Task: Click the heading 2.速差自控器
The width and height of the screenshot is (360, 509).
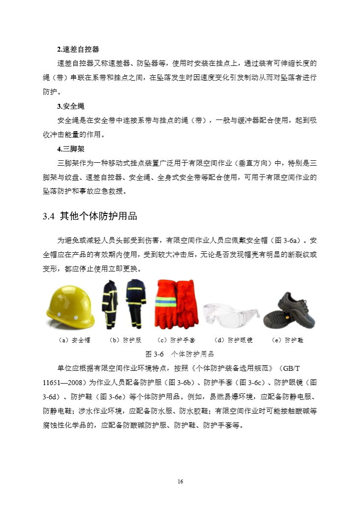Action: pyautogui.click(x=78, y=49)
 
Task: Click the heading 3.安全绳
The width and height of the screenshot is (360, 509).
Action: pyautogui.click(x=71, y=106)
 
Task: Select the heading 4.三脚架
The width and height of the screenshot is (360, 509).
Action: pyautogui.click(x=71, y=149)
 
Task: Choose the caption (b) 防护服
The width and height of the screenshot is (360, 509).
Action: pyautogui.click(x=125, y=340)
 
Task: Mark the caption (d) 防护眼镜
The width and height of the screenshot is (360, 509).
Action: pyautogui.click(x=234, y=340)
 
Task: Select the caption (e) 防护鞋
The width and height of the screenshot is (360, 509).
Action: pyautogui.click(x=288, y=340)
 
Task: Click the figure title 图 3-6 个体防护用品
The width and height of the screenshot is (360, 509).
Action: pyautogui.click(x=180, y=354)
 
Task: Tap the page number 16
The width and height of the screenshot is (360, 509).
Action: pyautogui.click(x=180, y=481)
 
